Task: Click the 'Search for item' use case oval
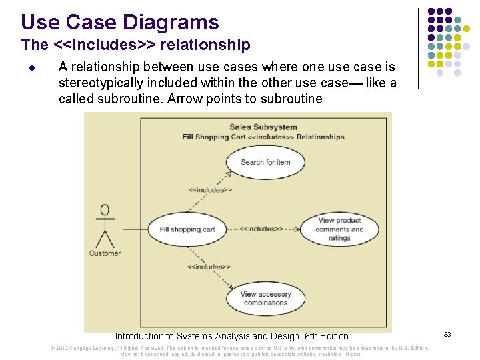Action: (x=265, y=162)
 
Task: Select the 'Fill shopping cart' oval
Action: (x=187, y=229)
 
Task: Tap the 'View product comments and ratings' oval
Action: (x=339, y=229)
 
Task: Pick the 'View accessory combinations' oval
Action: (x=265, y=299)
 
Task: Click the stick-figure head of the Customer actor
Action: (x=105, y=211)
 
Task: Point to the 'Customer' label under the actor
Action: (x=105, y=253)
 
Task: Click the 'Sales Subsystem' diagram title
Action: (x=263, y=127)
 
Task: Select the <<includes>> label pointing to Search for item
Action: (x=210, y=190)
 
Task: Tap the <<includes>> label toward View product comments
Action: (x=261, y=229)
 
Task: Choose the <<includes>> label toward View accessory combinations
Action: (x=209, y=267)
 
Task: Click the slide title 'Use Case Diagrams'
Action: (x=120, y=22)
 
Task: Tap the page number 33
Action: (x=447, y=335)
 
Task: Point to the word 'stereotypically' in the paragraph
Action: (x=101, y=83)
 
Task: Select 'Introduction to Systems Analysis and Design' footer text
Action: (x=231, y=336)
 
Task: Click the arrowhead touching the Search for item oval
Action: (x=231, y=173)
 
